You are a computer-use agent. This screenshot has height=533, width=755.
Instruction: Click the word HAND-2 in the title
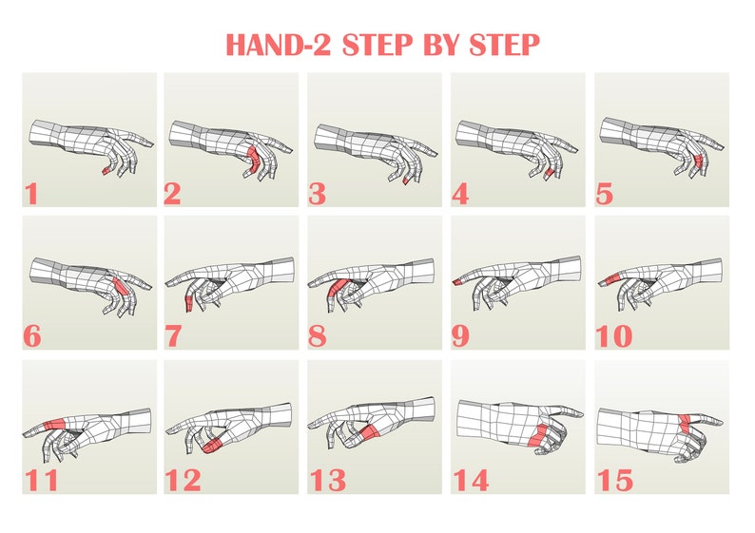click(x=281, y=44)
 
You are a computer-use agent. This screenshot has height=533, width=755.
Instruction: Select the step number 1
click(x=31, y=195)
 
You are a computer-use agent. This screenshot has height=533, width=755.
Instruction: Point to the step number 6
click(x=33, y=336)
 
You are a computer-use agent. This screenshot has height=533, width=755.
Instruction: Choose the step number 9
click(x=463, y=336)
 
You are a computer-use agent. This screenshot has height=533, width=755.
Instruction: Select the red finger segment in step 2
click(x=253, y=155)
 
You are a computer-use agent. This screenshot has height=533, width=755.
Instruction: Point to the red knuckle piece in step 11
click(x=56, y=426)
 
